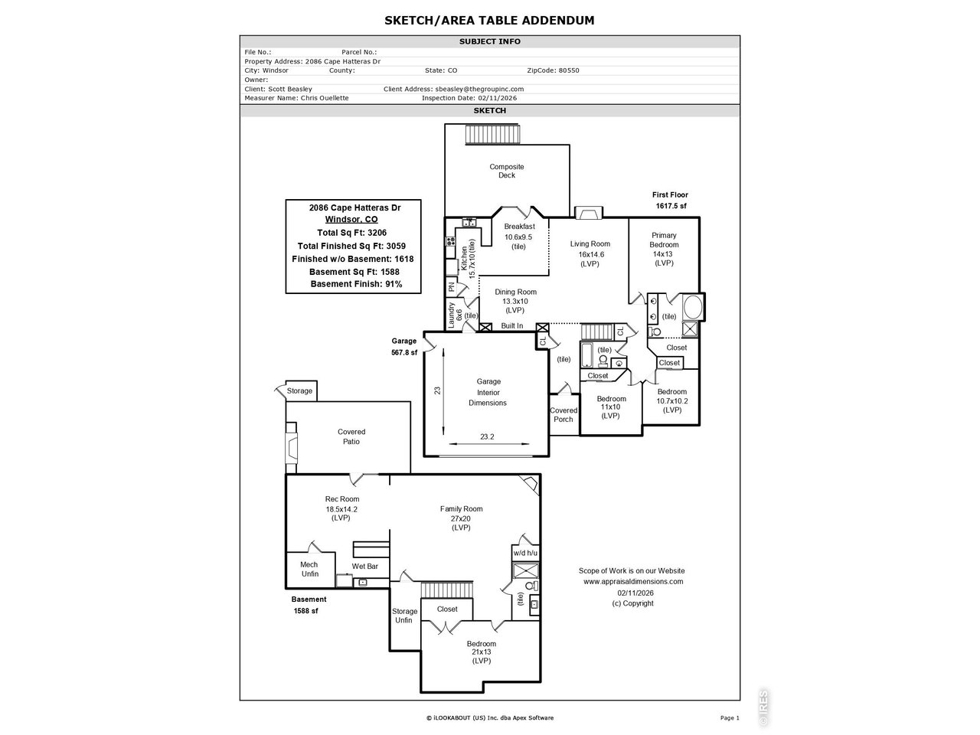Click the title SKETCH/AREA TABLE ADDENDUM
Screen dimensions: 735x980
click(x=489, y=20)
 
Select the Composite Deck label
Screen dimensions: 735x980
click(x=507, y=171)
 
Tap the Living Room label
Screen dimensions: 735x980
click(x=590, y=253)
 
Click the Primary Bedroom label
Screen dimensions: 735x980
click(x=664, y=244)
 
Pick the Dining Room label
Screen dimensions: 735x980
click(x=515, y=301)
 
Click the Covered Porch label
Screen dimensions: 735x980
click(x=563, y=414)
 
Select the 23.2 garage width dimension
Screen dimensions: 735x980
click(x=487, y=437)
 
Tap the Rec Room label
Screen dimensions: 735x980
click(x=341, y=508)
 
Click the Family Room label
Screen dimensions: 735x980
click(x=461, y=518)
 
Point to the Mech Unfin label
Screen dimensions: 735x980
click(x=309, y=569)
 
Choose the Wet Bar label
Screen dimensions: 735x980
click(x=365, y=567)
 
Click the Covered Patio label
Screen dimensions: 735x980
click(x=351, y=436)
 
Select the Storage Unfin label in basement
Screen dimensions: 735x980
click(x=404, y=616)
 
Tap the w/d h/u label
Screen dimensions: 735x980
click(x=525, y=552)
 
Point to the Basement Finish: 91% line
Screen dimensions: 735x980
click(x=356, y=284)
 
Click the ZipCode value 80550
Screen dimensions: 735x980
click(x=568, y=70)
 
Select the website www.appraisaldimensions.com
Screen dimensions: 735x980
click(x=632, y=581)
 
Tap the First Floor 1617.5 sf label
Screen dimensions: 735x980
click(x=670, y=201)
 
